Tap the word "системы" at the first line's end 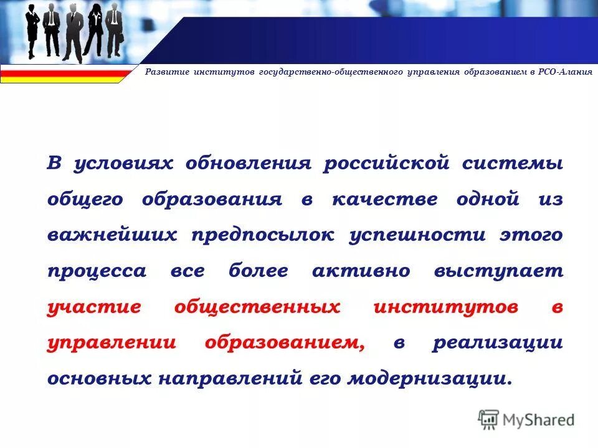(x=513, y=164)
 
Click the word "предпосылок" (x=263, y=235)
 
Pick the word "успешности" (x=417, y=235)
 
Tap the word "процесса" (x=97, y=271)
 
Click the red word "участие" (x=93, y=307)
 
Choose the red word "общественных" (x=257, y=307)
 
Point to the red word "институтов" (x=446, y=307)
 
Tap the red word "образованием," (x=285, y=343)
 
